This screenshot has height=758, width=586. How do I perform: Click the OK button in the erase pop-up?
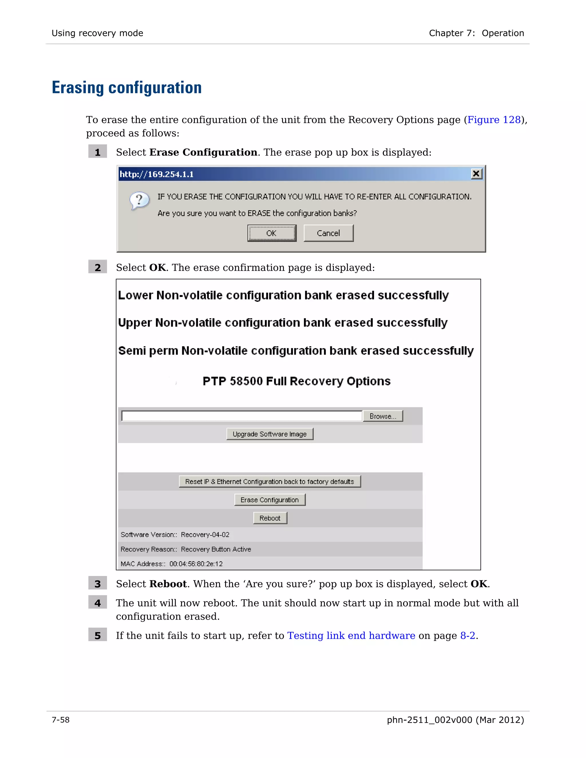[x=272, y=233]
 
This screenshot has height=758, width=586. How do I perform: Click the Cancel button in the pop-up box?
[x=328, y=233]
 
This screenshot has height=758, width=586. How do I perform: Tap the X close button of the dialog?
[x=476, y=174]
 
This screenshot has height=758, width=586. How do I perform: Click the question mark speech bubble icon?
[x=139, y=201]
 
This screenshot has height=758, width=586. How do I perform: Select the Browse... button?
[x=383, y=416]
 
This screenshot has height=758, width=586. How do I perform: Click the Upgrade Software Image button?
[x=270, y=434]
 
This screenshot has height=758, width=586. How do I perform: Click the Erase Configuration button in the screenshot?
[x=270, y=500]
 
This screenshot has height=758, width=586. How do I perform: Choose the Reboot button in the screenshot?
[x=270, y=518]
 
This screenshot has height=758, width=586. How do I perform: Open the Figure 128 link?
[x=494, y=120]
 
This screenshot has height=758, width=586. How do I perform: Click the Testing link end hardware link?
[x=351, y=636]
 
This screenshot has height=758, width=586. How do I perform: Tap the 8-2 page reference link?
[x=467, y=636]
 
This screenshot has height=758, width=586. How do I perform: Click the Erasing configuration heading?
[x=127, y=88]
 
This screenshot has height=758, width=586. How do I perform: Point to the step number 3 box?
[x=98, y=584]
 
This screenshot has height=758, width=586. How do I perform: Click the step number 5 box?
[x=98, y=636]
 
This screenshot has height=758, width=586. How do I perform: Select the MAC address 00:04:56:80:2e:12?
[x=196, y=564]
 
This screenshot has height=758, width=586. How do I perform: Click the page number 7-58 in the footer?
[x=61, y=720]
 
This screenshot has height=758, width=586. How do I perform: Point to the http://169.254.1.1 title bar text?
[x=157, y=174]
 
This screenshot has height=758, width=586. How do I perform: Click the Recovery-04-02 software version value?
[x=205, y=535]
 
